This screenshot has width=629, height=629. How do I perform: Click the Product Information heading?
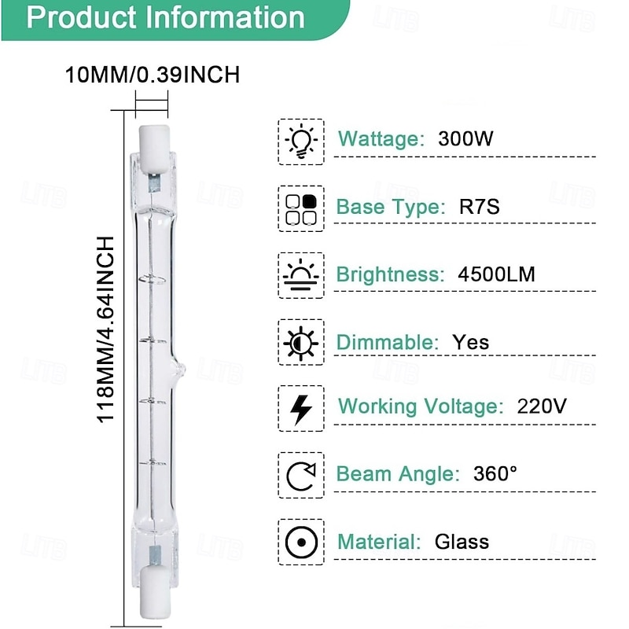(x=165, y=17)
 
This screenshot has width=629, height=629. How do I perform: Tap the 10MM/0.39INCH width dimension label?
(x=152, y=75)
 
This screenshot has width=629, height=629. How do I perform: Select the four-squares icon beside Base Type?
(x=301, y=208)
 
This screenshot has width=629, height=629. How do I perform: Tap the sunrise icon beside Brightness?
(x=301, y=274)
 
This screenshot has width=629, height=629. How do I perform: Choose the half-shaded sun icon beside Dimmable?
(x=301, y=343)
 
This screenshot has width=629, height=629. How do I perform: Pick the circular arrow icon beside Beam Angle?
(x=301, y=475)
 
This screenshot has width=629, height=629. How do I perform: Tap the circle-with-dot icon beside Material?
(x=301, y=542)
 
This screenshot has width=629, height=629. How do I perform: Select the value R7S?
(x=480, y=208)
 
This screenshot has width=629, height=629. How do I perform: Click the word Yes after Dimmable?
(x=470, y=342)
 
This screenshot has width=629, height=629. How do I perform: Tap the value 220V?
(x=542, y=406)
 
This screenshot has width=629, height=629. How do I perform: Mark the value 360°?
(x=495, y=474)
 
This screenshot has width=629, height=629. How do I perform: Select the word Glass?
(x=462, y=542)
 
